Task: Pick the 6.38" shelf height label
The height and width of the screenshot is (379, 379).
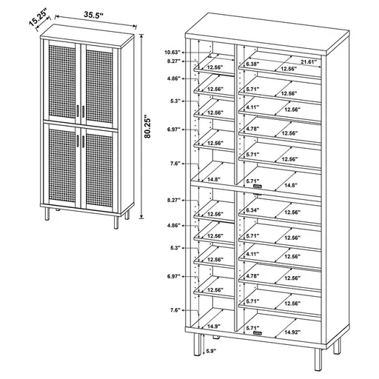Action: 252,64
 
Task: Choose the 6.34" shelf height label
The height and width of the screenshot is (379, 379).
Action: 252,209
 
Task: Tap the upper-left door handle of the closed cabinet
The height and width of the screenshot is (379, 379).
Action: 78,111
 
